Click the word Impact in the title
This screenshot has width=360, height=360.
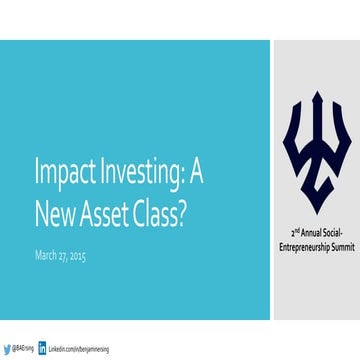(62, 171)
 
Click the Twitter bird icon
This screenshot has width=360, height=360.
(6, 348)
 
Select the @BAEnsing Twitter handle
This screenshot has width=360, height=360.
(23, 348)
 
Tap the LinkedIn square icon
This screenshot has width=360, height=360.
(43, 348)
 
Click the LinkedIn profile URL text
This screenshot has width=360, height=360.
(79, 348)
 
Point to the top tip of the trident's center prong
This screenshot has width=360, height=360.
(317, 92)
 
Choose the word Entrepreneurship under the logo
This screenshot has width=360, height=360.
(299, 244)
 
